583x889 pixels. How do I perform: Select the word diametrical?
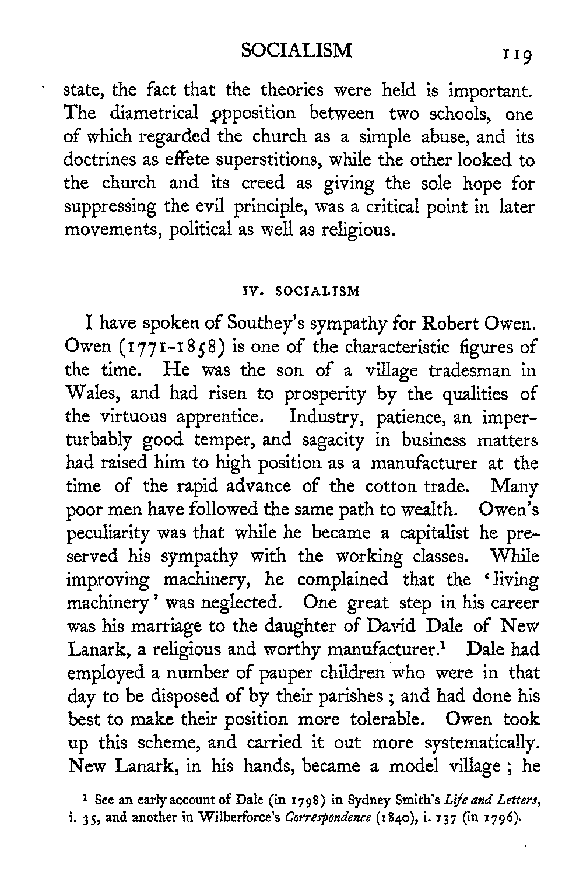148,113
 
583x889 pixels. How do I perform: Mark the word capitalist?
431,533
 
